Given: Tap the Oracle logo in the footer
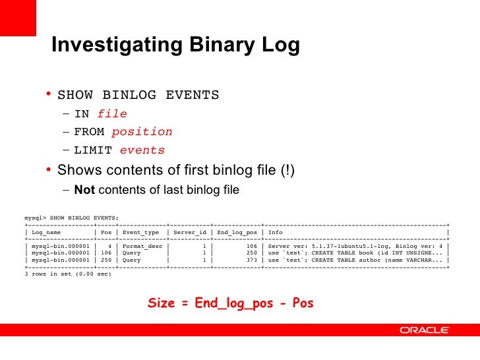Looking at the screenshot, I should point(424,330).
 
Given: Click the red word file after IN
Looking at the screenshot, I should point(112,113).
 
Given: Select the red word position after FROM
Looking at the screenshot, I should point(142,131).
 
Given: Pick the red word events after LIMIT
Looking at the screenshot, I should point(142,150).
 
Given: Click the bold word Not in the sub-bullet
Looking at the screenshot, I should point(84,191).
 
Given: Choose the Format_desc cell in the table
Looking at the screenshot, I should point(140,245).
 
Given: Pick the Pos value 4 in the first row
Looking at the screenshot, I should point(107,245).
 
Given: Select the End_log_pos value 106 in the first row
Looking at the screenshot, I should point(251,245).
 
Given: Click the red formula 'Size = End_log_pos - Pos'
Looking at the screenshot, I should point(231,304).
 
